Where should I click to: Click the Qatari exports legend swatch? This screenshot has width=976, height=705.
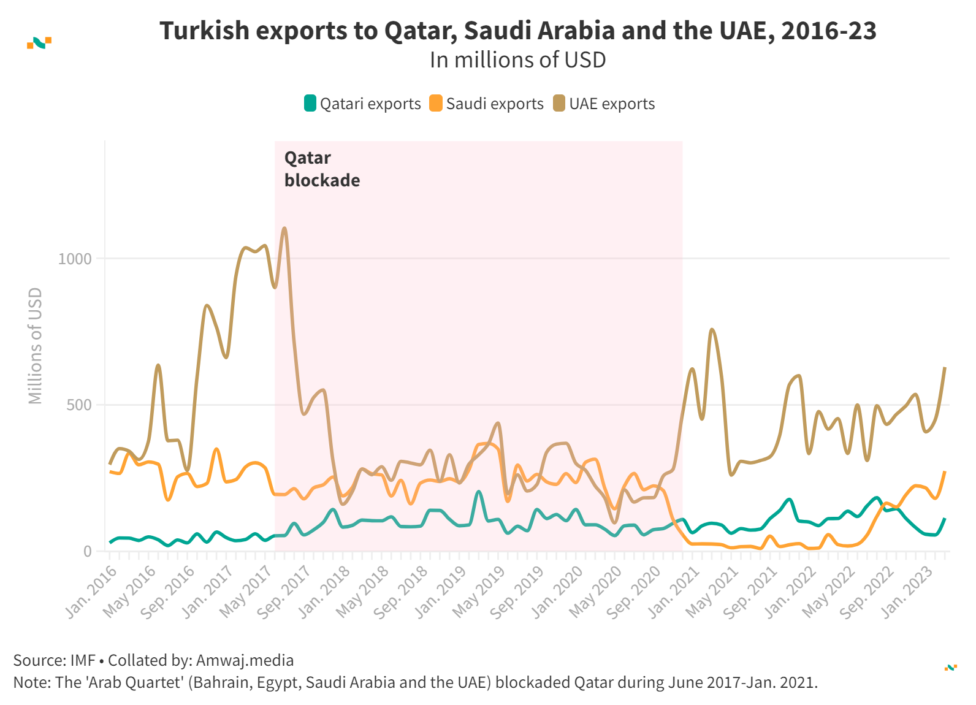pos(310,103)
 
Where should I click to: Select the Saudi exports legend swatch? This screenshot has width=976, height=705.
pos(436,103)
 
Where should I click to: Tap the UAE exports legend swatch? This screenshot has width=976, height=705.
pos(559,103)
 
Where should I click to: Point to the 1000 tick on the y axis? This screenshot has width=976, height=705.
pos(75,259)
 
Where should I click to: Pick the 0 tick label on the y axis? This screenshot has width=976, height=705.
pos(88,551)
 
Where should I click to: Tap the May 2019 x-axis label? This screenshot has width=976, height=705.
pos(479,591)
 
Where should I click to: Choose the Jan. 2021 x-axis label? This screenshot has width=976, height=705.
pos(674,591)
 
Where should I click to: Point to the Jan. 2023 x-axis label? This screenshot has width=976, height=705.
pos(907,591)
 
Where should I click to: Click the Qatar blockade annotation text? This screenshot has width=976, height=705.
pos(322,169)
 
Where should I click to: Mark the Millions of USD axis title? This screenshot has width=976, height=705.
pos(36,346)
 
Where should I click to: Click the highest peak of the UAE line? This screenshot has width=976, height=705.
pos(284,229)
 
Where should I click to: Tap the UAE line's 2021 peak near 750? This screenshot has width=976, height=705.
pos(711,330)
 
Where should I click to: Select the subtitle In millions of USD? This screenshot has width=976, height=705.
pos(517,60)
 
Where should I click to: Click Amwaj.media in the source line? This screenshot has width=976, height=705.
pos(245,660)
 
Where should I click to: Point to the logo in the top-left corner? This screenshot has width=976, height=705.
pos(39,42)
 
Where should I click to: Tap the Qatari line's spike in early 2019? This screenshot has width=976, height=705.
pos(479,492)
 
